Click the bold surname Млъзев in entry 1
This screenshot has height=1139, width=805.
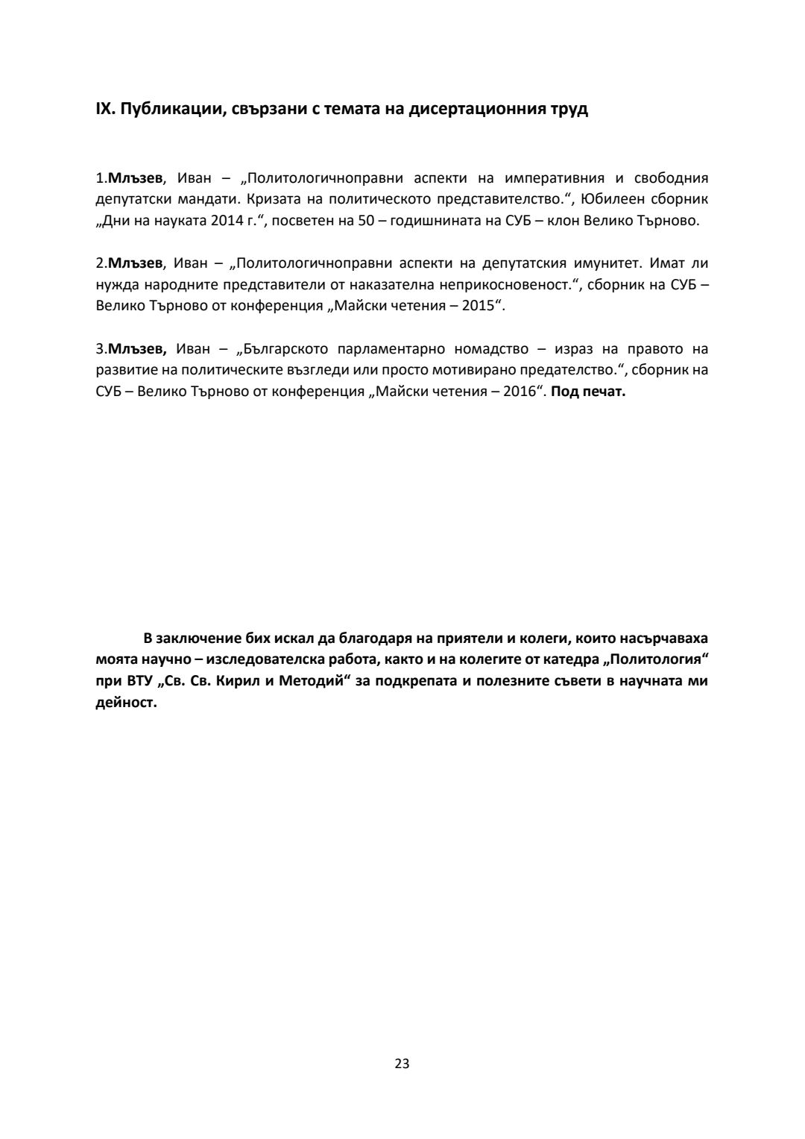136,178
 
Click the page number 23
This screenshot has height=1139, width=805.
402,1064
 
